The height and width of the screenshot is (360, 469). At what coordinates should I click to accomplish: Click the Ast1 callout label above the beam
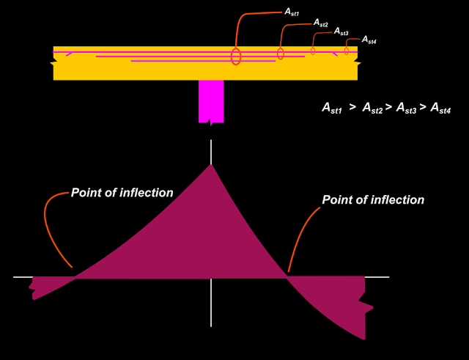coord(292,12)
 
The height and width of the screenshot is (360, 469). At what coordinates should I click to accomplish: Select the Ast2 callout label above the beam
coord(321,23)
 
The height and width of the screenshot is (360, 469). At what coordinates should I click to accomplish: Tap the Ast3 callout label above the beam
coord(341,32)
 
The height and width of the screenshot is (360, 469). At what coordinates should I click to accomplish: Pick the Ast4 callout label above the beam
coord(369,40)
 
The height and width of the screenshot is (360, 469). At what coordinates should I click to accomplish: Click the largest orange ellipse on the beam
coord(236,56)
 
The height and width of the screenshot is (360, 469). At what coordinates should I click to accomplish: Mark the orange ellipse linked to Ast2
coord(281,54)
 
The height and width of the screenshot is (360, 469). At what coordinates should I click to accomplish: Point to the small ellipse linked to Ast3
coord(313,51)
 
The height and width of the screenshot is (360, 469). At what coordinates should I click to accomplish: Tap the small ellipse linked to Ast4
coord(347,51)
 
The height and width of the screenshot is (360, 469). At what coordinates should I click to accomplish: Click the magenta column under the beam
coord(211,100)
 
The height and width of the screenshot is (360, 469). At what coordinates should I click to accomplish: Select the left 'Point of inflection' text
coord(122,193)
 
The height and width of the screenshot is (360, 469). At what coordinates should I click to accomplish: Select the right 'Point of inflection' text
coord(373,199)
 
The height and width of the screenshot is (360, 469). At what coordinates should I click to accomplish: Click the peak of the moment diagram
coord(211,165)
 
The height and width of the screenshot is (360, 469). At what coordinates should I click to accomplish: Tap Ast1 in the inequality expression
coord(332,109)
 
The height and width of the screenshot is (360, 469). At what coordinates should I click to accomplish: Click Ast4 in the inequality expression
coord(440,109)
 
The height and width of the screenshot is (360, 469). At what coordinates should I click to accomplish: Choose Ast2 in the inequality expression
coord(372,109)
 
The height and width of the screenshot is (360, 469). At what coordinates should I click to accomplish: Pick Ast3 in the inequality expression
coord(406,109)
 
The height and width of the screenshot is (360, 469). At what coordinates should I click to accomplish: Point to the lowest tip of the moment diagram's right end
coord(364,339)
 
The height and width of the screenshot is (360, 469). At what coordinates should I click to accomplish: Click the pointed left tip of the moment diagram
coord(34,298)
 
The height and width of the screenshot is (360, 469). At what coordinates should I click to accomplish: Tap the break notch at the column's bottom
coord(211,123)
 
